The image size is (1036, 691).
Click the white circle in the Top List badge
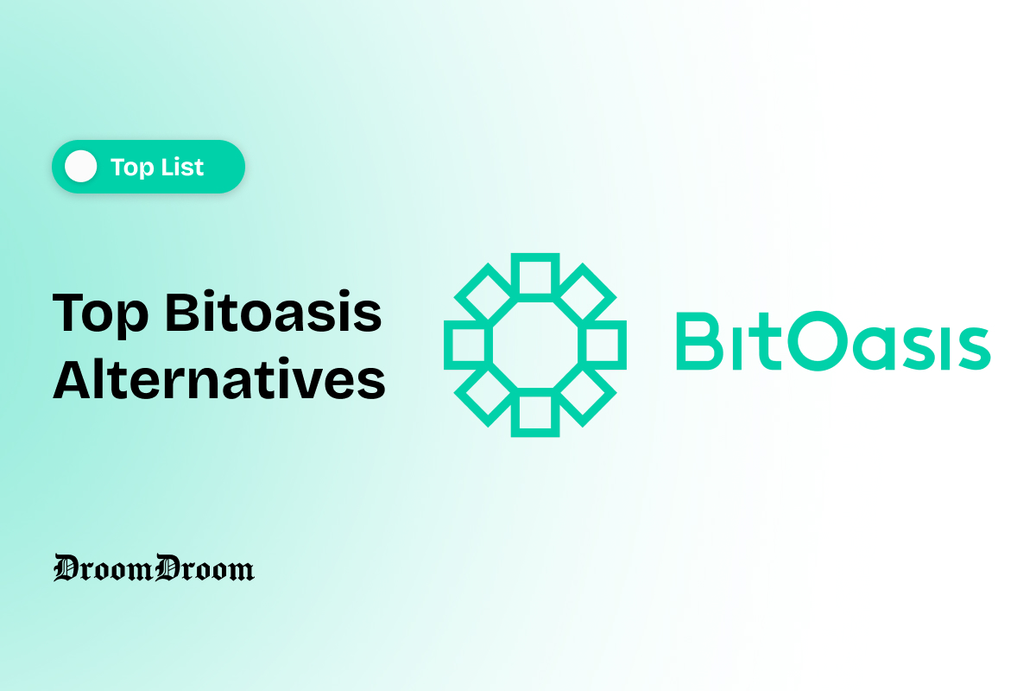(81, 166)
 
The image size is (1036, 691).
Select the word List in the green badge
(181, 167)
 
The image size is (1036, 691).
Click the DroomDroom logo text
(154, 567)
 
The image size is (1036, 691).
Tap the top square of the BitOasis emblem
(534, 276)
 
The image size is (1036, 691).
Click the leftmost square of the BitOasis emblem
(466, 345)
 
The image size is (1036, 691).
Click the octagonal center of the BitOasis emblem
(534, 345)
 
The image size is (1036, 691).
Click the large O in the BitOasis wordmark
(820, 343)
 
